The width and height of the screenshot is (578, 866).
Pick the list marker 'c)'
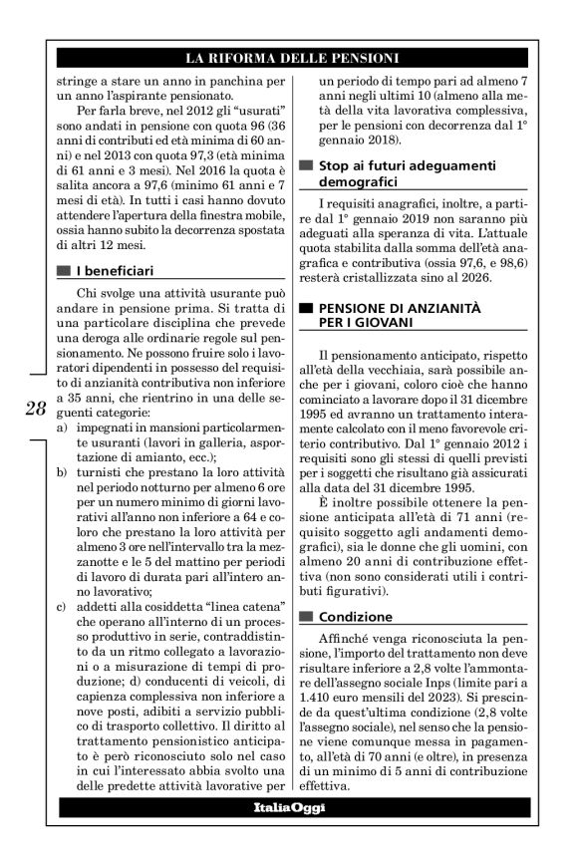63,606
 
